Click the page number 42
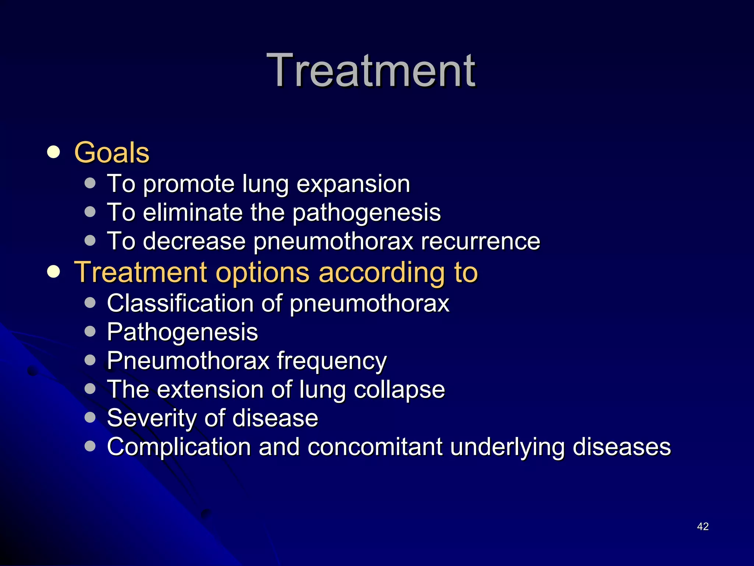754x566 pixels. (702, 526)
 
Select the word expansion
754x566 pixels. (353, 184)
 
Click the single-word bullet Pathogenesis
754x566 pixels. (182, 332)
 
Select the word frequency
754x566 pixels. (332, 361)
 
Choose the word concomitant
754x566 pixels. (375, 447)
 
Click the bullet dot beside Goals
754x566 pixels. (54, 152)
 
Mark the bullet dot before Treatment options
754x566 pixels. (54, 272)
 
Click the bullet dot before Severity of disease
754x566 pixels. (90, 417)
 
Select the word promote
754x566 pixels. (188, 184)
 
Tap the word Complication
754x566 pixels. (179, 447)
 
